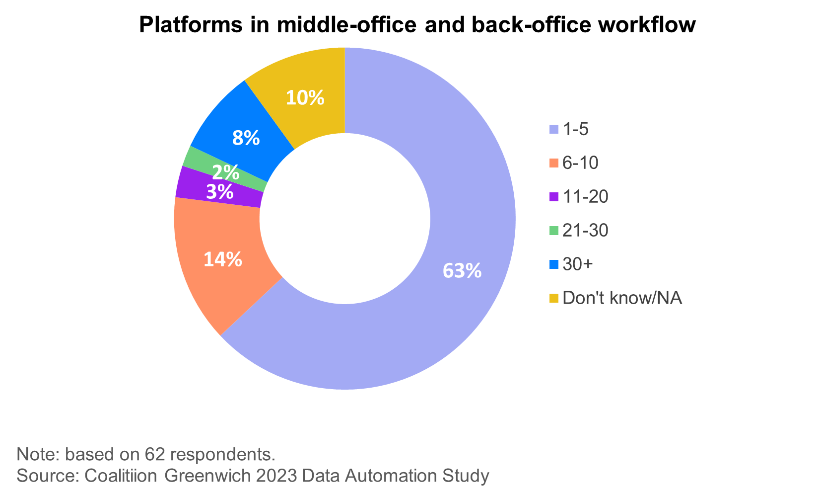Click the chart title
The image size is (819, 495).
pos(417,25)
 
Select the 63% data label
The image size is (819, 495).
pos(462,271)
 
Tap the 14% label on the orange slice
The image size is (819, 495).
pos(223,259)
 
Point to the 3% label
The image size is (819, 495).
pos(220,192)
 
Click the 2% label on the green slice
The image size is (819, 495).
pos(226,172)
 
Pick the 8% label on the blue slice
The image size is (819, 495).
pos(246,138)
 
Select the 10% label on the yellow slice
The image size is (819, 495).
pos(305,97)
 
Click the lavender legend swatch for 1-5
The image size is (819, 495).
pos(554,129)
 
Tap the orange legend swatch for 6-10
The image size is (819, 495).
pos(554,163)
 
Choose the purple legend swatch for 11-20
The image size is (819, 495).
pos(554,197)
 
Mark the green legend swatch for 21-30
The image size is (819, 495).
pos(554,231)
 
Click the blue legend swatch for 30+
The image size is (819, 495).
pos(554,264)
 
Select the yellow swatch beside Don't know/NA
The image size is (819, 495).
pos(554,298)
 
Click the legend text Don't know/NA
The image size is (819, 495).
pos(623,298)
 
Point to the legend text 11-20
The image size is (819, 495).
pos(586,197)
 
